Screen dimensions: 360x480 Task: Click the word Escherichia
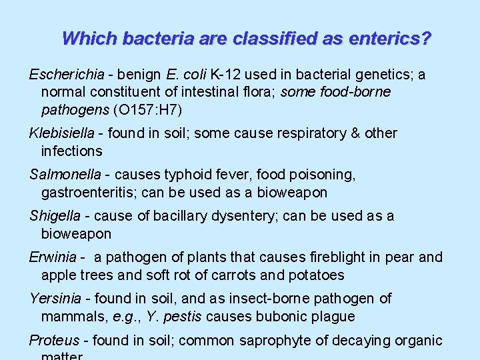coord(61,75)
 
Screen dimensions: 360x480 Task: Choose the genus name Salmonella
coord(63,175)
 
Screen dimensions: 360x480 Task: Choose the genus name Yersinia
coord(55,299)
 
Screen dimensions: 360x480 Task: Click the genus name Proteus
coord(54,341)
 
